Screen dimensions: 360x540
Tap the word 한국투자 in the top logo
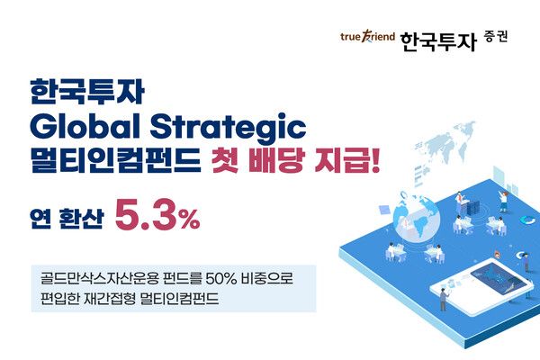pos(427,40)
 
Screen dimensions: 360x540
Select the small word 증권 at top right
pos(487,36)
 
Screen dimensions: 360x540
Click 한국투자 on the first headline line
pos(69,92)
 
